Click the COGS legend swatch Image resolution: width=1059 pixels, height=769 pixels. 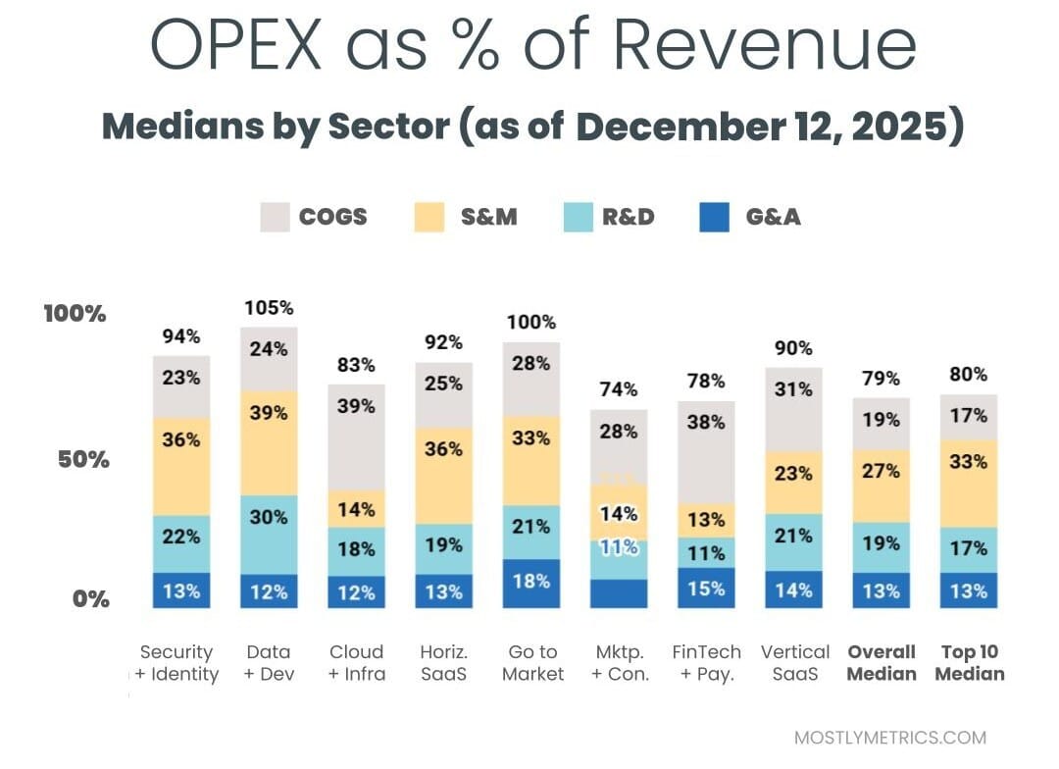(276, 217)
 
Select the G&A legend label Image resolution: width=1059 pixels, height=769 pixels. (773, 217)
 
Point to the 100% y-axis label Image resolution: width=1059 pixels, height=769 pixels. (75, 314)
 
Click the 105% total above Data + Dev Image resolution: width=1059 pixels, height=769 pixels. (269, 307)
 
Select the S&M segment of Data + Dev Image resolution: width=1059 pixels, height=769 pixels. (269, 442)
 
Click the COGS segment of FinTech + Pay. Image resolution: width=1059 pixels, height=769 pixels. (706, 451)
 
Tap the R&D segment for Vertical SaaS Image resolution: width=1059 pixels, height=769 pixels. (792, 541)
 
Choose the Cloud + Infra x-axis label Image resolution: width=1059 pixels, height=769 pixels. (357, 662)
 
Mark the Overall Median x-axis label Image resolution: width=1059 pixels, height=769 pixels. (881, 662)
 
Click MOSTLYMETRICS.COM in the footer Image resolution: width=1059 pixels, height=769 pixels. (889, 738)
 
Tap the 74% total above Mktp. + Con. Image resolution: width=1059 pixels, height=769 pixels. (619, 389)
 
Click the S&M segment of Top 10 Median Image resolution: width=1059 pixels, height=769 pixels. (968, 483)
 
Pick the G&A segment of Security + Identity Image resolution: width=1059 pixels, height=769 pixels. (181, 590)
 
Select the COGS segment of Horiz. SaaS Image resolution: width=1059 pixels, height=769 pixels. (444, 395)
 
